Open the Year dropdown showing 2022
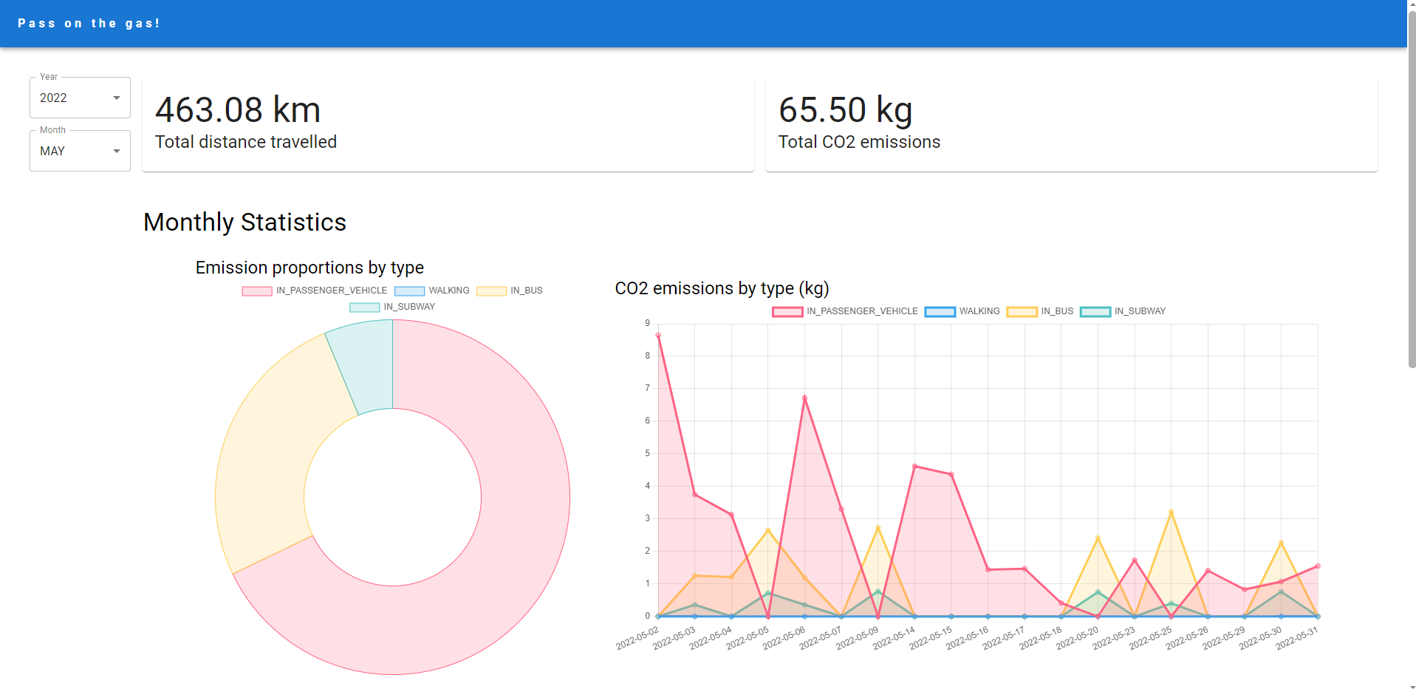click(80, 98)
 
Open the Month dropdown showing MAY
click(80, 151)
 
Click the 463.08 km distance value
click(238, 110)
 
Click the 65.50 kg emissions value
click(845, 110)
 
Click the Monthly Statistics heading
click(244, 223)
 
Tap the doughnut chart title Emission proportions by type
click(309, 268)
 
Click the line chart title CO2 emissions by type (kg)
click(722, 288)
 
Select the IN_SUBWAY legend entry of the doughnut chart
click(393, 307)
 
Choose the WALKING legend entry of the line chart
click(962, 311)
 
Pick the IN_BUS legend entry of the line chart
click(1041, 311)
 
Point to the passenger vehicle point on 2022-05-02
click(658, 336)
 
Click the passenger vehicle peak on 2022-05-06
click(804, 398)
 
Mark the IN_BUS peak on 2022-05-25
click(1171, 512)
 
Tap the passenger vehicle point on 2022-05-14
click(914, 467)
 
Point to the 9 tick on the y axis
click(648, 323)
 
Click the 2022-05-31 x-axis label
click(1297, 637)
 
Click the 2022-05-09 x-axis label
click(858, 637)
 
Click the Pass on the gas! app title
click(89, 24)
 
